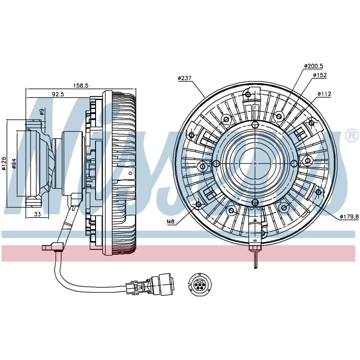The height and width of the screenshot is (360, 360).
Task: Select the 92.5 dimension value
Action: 57,94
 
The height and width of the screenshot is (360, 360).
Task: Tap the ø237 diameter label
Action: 185,78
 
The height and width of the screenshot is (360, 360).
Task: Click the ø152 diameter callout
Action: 319,75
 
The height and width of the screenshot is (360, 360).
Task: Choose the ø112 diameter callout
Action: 325,94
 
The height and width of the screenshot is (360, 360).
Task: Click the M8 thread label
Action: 170,222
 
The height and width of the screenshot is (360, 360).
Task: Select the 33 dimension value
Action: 38,214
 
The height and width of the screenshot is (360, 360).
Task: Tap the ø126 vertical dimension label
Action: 4,163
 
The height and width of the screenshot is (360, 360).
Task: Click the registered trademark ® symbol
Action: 351,136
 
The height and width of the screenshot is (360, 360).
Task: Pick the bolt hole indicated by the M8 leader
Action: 198,205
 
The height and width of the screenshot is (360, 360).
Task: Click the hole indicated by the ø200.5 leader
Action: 279,116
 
